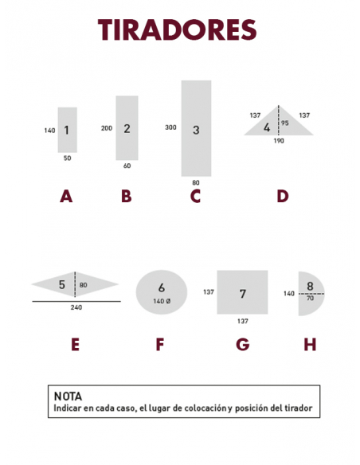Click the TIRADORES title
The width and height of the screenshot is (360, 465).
pos(178,29)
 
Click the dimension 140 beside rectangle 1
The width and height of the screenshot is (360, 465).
pos(49,131)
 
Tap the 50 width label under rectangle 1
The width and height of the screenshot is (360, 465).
pos(68,158)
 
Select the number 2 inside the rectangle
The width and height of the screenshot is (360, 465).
pos(127,129)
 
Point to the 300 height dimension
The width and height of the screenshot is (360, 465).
pos(170,127)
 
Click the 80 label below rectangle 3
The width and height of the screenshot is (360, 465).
pos(196,182)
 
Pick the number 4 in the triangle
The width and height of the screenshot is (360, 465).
pos(267,127)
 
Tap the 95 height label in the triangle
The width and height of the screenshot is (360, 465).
pos(284,123)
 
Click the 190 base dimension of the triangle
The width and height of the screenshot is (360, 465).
pos(279,141)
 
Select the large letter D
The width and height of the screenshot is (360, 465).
pos(283,197)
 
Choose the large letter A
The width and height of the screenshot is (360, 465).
pos(66,197)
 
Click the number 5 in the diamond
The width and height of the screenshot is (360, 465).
pos(61,285)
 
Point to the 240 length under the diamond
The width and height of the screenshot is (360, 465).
pos(76,307)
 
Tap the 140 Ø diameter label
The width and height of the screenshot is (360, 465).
pos(162,301)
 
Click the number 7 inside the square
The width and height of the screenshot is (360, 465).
pos(243,294)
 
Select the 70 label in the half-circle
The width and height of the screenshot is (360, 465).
pos(310,299)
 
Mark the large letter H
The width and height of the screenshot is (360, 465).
pos(310,345)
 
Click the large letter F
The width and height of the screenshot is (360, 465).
pos(160,345)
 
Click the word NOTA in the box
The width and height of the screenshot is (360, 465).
pos(68,397)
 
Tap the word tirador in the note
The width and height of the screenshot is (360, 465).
pos(299,408)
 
